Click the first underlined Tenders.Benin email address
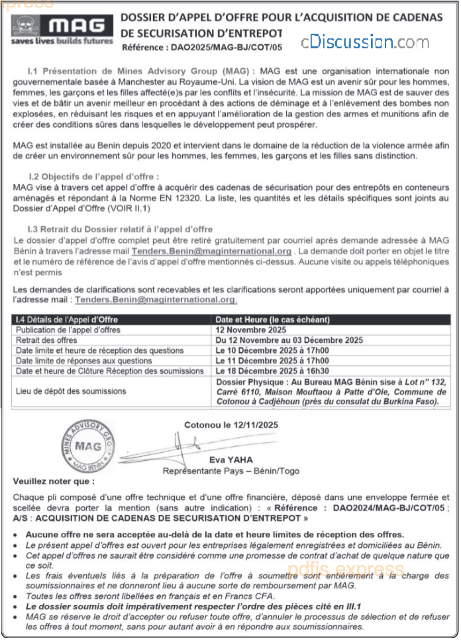(x=211, y=251)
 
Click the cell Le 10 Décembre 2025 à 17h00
(x=272, y=350)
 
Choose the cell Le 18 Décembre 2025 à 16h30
(x=272, y=371)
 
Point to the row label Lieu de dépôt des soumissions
(x=71, y=391)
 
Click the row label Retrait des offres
(x=46, y=340)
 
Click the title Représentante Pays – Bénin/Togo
(x=231, y=471)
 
